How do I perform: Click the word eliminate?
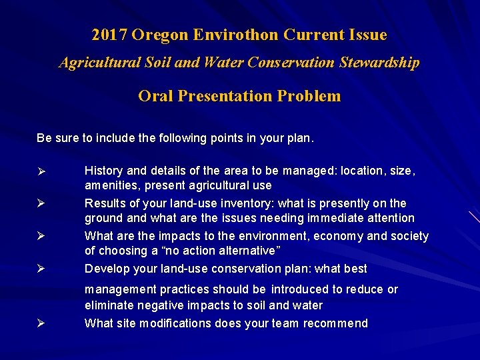pos(109,305)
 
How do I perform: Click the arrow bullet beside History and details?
pos(41,171)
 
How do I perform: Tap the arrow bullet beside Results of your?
pos(41,203)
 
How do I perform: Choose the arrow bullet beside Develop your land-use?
pos(41,269)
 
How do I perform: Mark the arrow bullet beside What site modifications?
pos(41,323)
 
